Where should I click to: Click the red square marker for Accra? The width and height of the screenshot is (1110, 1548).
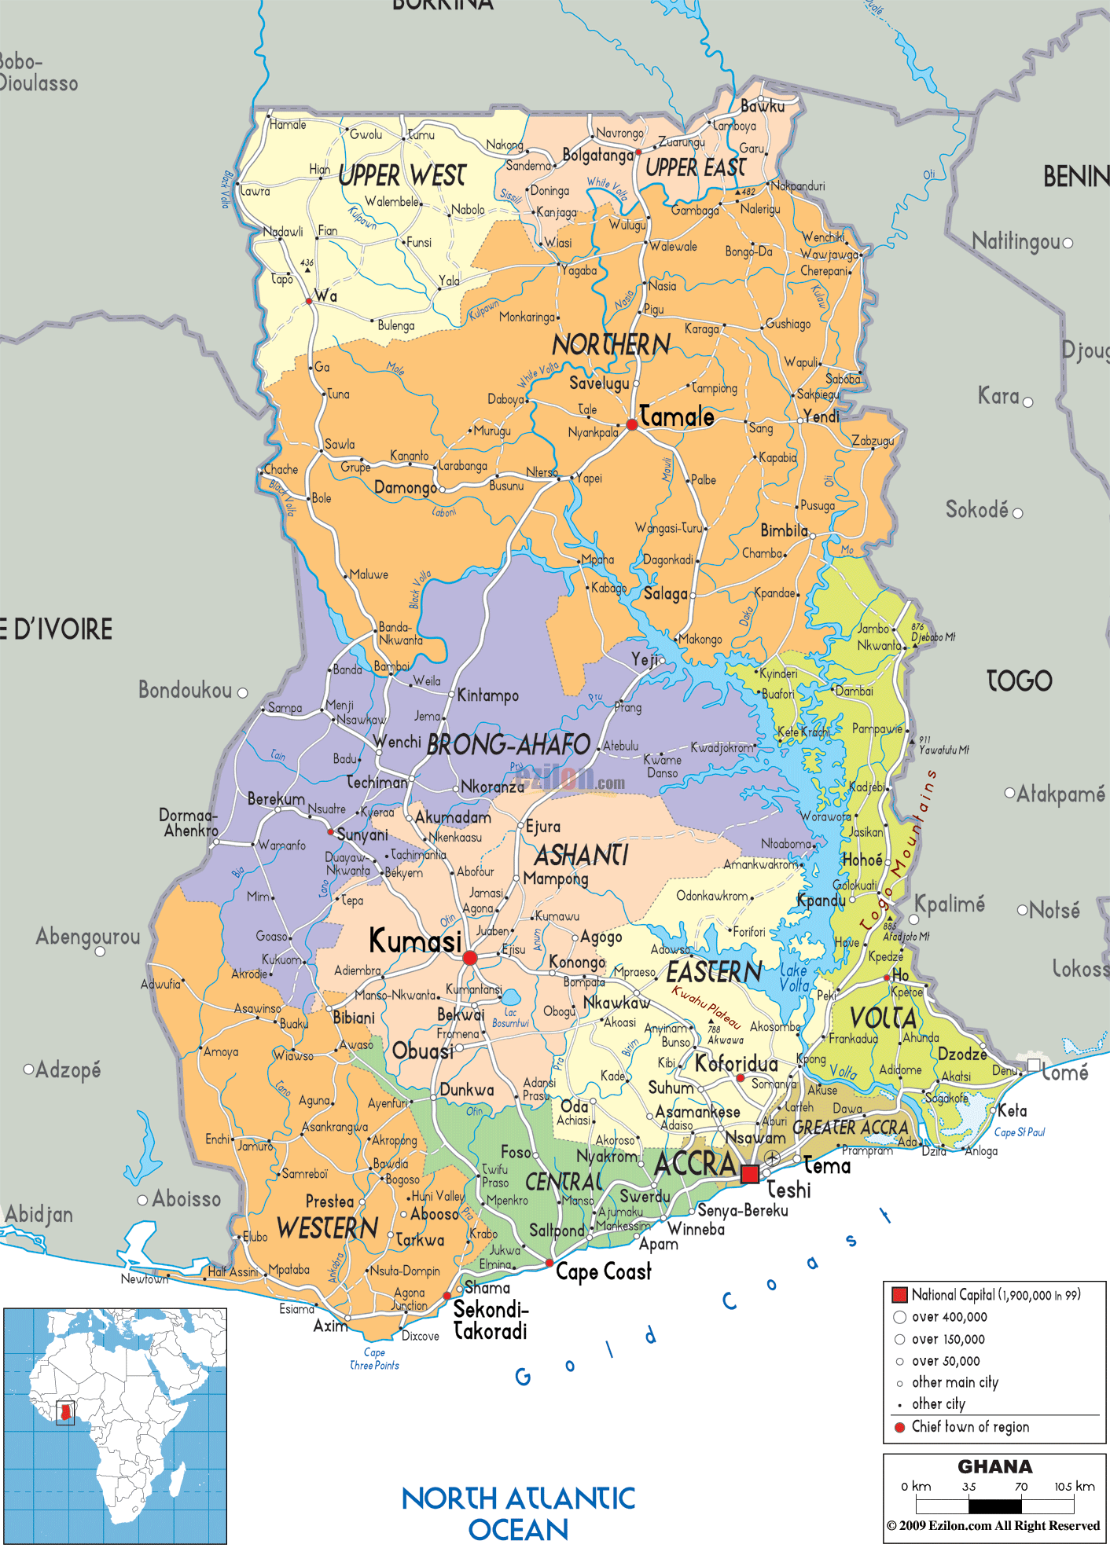(750, 1174)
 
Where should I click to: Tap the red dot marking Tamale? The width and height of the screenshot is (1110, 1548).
(632, 425)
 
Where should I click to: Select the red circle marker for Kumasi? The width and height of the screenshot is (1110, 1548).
(470, 957)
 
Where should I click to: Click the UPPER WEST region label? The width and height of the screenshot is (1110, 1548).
(402, 175)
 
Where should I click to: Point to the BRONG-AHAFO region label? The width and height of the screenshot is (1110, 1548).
(508, 745)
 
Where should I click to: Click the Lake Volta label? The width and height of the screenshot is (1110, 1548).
(795, 978)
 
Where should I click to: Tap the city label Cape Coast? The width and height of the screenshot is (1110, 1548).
(603, 1271)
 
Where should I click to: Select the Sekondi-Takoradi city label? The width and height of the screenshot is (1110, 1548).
(491, 1320)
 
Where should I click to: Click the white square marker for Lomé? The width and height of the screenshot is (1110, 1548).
(1034, 1066)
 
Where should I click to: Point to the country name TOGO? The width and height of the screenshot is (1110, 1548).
(1019, 680)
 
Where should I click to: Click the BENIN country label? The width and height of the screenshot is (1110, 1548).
(1075, 178)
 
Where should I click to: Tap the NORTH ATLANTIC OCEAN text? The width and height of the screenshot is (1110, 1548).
(518, 1513)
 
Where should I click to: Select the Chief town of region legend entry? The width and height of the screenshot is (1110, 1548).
(969, 1427)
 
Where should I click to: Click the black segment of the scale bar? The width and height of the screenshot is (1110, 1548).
(994, 1506)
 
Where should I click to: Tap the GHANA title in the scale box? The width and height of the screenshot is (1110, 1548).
(994, 1467)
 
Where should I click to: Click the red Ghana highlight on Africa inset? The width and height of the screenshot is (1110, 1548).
(66, 1413)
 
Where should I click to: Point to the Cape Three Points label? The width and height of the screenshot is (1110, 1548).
(374, 1359)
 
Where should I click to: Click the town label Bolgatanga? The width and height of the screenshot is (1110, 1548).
(597, 156)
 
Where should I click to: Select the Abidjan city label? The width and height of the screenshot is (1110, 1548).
(39, 1215)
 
